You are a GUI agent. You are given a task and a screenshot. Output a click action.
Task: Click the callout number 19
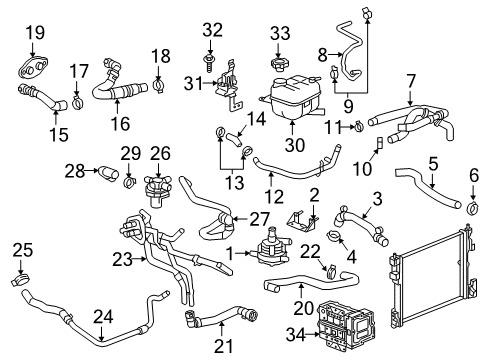click(34, 33)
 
